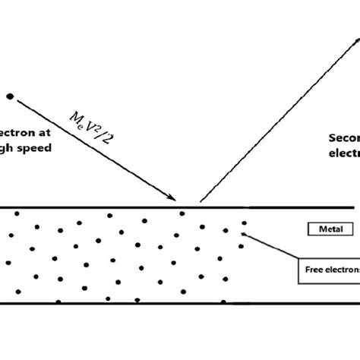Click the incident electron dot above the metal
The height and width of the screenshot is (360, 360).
[x=11, y=96]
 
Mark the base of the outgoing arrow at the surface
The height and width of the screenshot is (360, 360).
[x=201, y=201]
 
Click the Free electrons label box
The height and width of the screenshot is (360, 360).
[x=327, y=267]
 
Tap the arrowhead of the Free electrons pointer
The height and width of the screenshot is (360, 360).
[x=242, y=234]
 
